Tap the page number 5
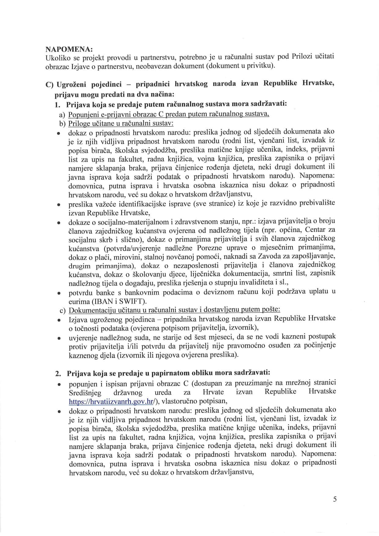[x=335, y=499]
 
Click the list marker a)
[x=62, y=115]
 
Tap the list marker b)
[x=62, y=123]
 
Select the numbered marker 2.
[x=58, y=373]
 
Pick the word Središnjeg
[x=85, y=392]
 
